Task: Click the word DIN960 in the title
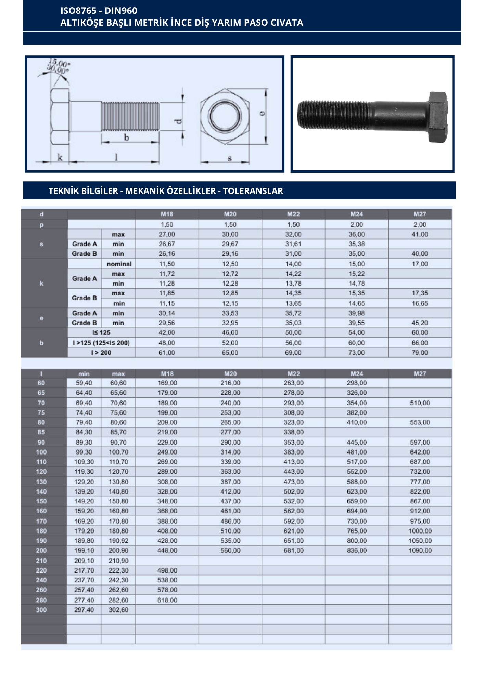click(121, 11)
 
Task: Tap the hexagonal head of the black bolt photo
click(437, 117)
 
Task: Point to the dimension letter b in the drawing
click(127, 138)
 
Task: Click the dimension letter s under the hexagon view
click(230, 158)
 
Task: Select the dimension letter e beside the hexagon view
click(262, 113)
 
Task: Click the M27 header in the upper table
click(420, 214)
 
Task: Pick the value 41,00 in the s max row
click(420, 235)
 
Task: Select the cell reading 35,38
click(356, 244)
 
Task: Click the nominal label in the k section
click(119, 264)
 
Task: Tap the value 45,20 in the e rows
click(420, 323)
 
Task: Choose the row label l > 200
click(101, 353)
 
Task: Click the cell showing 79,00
click(420, 353)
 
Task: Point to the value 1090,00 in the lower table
click(420, 551)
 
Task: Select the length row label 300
click(41, 610)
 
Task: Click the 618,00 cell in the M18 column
click(167, 600)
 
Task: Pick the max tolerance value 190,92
click(118, 541)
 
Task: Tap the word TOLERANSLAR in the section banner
click(253, 191)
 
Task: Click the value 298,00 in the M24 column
click(357, 383)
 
